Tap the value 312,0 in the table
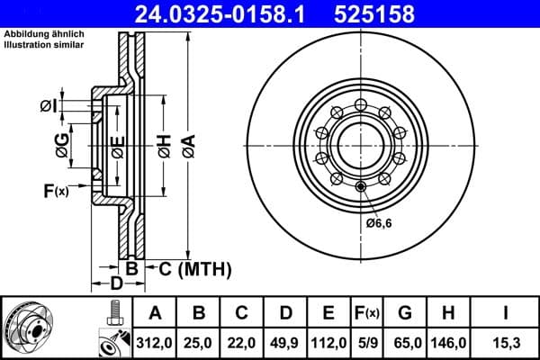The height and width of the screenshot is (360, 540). tap(155, 342)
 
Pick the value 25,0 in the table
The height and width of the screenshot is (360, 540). tap(199, 342)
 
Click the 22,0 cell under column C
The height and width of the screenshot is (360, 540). tap(242, 342)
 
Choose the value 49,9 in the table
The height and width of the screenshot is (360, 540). tap(285, 342)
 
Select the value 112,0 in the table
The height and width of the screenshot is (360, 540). tap(328, 342)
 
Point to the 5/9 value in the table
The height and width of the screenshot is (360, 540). tap(366, 342)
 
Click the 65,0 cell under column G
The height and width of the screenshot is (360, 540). tap(405, 342)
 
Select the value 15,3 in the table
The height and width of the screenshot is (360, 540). tap(505, 342)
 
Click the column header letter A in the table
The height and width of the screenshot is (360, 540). tap(155, 314)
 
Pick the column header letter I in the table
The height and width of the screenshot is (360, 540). tap(505, 314)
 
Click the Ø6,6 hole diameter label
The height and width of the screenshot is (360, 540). tap(378, 222)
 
